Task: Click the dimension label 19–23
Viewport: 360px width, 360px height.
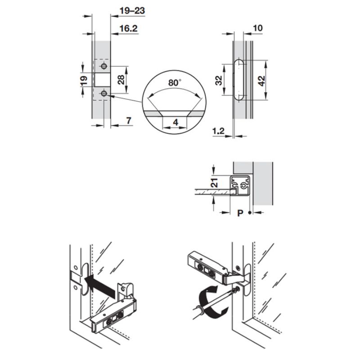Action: click(130, 11)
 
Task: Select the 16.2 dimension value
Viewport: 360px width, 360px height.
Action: click(128, 29)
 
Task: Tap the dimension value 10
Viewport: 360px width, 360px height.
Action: click(258, 28)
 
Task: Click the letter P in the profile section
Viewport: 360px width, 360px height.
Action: click(240, 213)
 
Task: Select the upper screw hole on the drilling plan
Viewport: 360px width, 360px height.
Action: click(104, 67)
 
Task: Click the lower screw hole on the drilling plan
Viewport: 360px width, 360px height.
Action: click(104, 93)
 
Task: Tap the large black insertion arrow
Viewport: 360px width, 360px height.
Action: click(99, 285)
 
